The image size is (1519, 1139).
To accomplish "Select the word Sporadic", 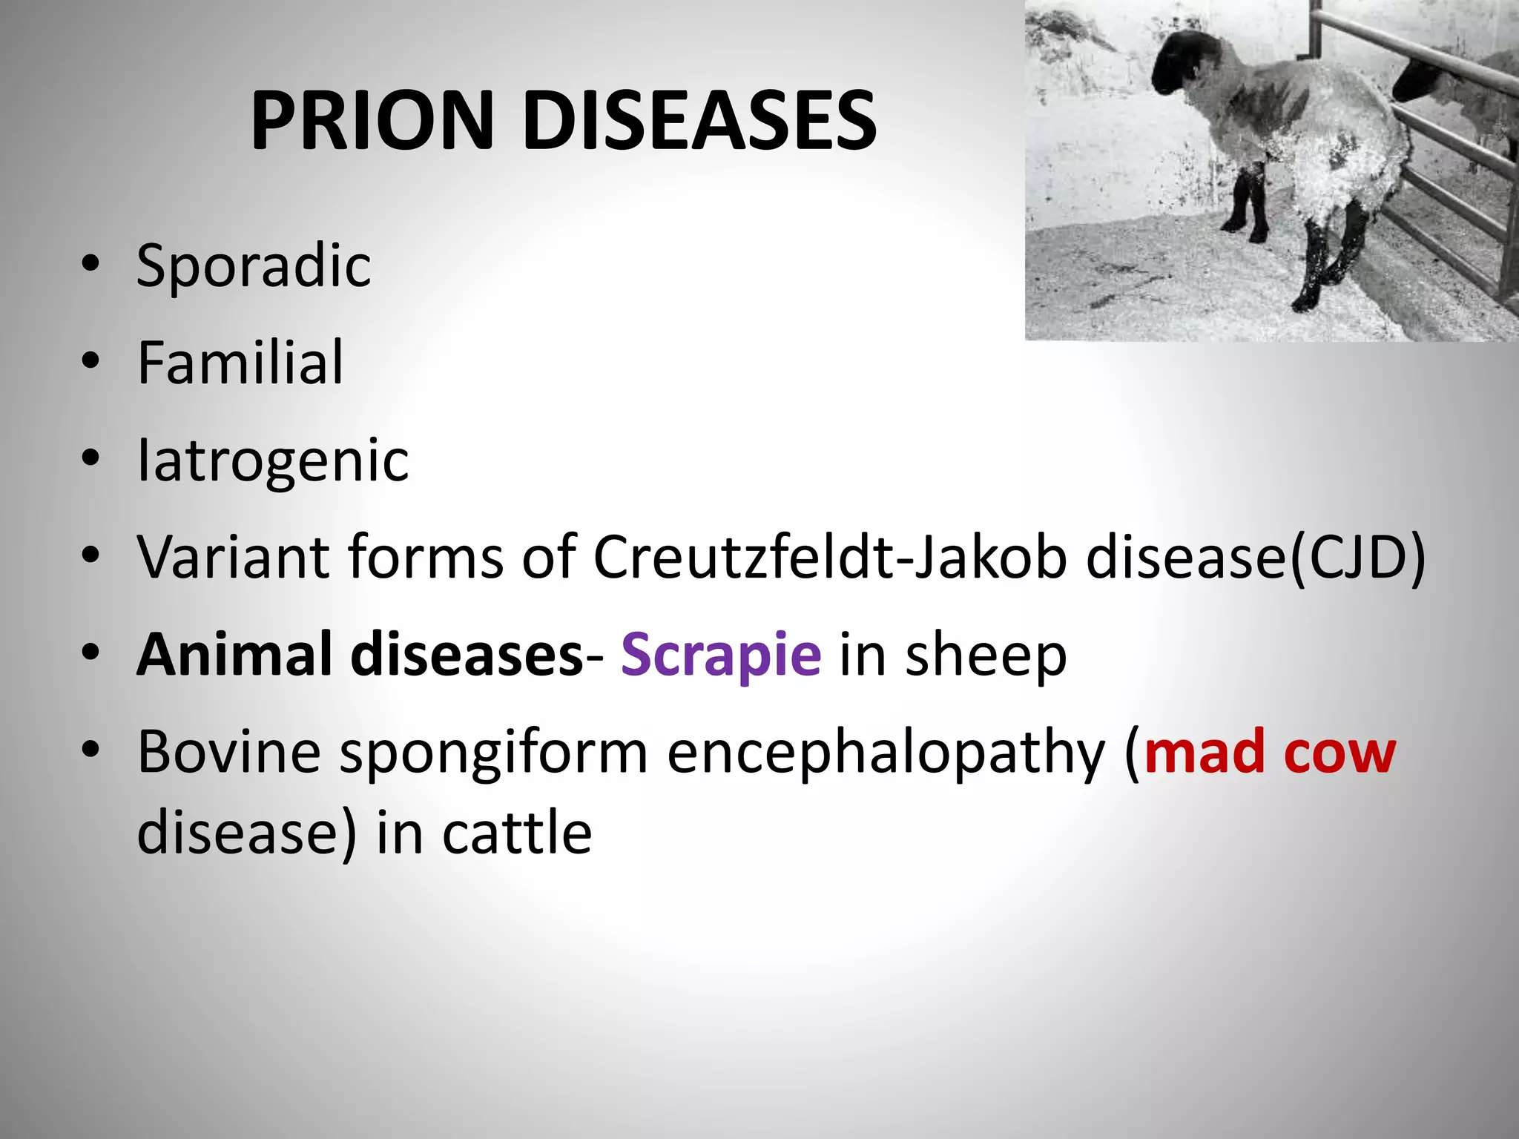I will pyautogui.click(x=254, y=265).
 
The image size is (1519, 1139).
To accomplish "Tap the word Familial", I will pyautogui.click(x=240, y=363).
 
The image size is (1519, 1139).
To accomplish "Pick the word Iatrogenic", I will pyautogui.click(x=273, y=460).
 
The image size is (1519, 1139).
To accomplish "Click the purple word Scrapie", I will pyautogui.click(x=720, y=655).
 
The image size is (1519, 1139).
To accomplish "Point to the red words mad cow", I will pyautogui.click(x=1269, y=753).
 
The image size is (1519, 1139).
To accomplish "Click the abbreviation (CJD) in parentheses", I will pyautogui.click(x=1357, y=558).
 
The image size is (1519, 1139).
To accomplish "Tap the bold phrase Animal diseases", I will pyautogui.click(x=360, y=655).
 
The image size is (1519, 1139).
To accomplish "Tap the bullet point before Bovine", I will pyautogui.click(x=90, y=750).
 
